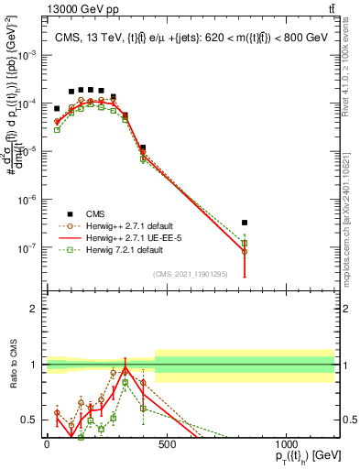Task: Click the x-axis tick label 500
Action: coord(166,445)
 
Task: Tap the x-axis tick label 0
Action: coord(47,445)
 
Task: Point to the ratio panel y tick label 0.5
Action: coord(30,420)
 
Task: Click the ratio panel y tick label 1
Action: coord(34,365)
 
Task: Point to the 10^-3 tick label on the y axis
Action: coord(27,55)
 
